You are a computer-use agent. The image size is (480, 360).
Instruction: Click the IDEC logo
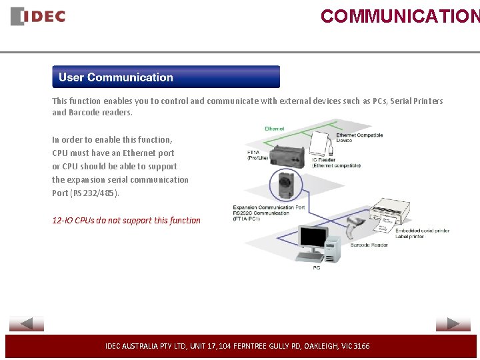tap(38, 16)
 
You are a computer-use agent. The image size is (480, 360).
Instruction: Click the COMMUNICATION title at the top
tap(399, 16)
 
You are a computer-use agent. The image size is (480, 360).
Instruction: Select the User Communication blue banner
tap(166, 77)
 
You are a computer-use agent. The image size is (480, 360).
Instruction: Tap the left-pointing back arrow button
tap(27, 324)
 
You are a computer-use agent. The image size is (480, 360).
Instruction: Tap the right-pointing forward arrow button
tap(453, 324)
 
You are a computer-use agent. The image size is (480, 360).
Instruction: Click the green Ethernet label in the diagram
tap(274, 129)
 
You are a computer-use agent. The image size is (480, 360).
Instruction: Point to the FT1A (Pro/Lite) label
tap(258, 155)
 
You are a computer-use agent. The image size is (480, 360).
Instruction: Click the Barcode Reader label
tap(369, 245)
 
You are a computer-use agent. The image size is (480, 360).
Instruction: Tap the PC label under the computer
tap(316, 268)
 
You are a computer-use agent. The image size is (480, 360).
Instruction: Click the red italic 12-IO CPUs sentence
tap(126, 220)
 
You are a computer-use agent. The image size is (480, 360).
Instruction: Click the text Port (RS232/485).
tap(86, 193)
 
